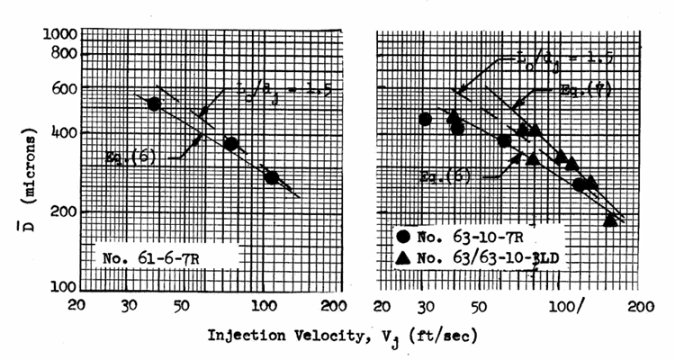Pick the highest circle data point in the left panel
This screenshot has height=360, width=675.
point(154,104)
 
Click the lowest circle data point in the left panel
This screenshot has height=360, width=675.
point(272,177)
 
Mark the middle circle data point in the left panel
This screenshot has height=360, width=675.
point(230,144)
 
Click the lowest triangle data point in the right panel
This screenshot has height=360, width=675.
point(610,218)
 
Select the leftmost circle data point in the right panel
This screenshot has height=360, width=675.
point(426,119)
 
